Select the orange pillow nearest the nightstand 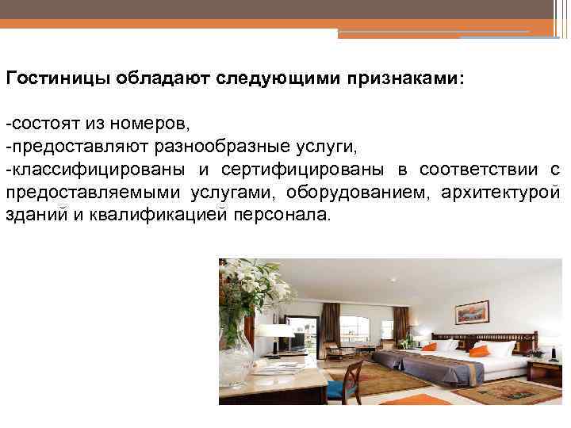point(479,350)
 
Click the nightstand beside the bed point(546,369)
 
